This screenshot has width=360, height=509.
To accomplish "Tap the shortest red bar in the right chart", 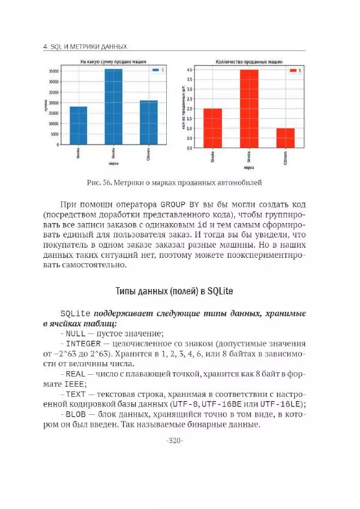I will [x=285, y=138].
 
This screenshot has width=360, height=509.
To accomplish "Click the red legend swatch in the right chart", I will [x=292, y=71].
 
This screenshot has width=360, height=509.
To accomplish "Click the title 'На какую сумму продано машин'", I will [x=113, y=62].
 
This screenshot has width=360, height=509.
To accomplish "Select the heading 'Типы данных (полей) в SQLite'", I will [x=173, y=291].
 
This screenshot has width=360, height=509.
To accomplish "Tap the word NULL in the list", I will [x=75, y=334].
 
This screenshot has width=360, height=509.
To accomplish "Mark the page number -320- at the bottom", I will [x=173, y=441].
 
